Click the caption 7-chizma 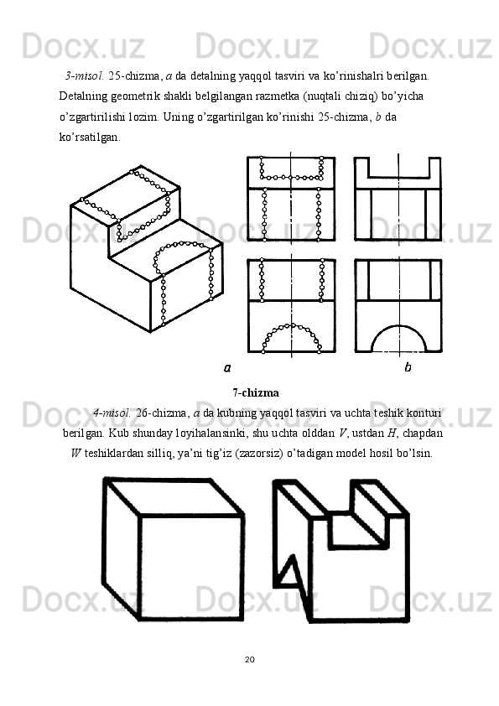(255, 392)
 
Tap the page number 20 (249, 657)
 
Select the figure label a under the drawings (226, 367)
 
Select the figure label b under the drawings (408, 367)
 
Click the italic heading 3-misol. (85, 75)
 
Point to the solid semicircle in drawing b (398, 338)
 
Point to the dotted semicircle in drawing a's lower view (291, 335)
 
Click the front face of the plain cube (190, 567)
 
